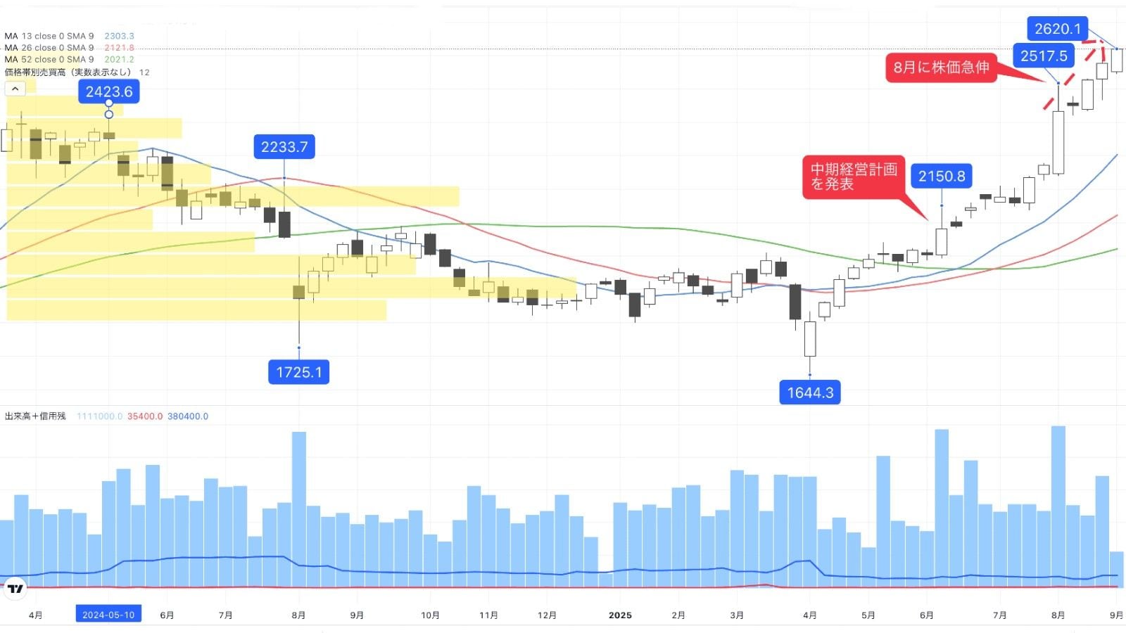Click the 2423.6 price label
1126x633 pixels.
(109, 91)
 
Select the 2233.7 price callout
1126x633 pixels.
(284, 147)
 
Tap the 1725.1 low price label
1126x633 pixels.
(298, 372)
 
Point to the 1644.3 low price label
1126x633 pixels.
(810, 392)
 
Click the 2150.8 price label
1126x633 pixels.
(942, 176)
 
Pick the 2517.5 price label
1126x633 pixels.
(1044, 56)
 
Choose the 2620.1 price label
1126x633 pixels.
(1057, 29)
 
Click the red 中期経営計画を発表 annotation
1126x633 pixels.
(854, 177)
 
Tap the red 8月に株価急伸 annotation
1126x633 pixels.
(941, 68)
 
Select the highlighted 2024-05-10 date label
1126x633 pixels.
(108, 615)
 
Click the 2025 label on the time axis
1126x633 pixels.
(620, 615)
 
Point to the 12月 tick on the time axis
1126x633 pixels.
(547, 615)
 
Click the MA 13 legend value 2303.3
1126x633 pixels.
(119, 36)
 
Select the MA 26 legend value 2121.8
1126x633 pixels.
(119, 48)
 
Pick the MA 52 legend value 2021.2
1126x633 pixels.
(119, 60)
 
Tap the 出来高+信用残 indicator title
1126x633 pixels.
(35, 416)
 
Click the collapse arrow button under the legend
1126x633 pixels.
(15, 89)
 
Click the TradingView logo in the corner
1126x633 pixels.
(15, 589)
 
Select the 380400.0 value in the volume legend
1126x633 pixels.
(188, 416)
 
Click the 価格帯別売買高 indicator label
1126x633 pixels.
(68, 72)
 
